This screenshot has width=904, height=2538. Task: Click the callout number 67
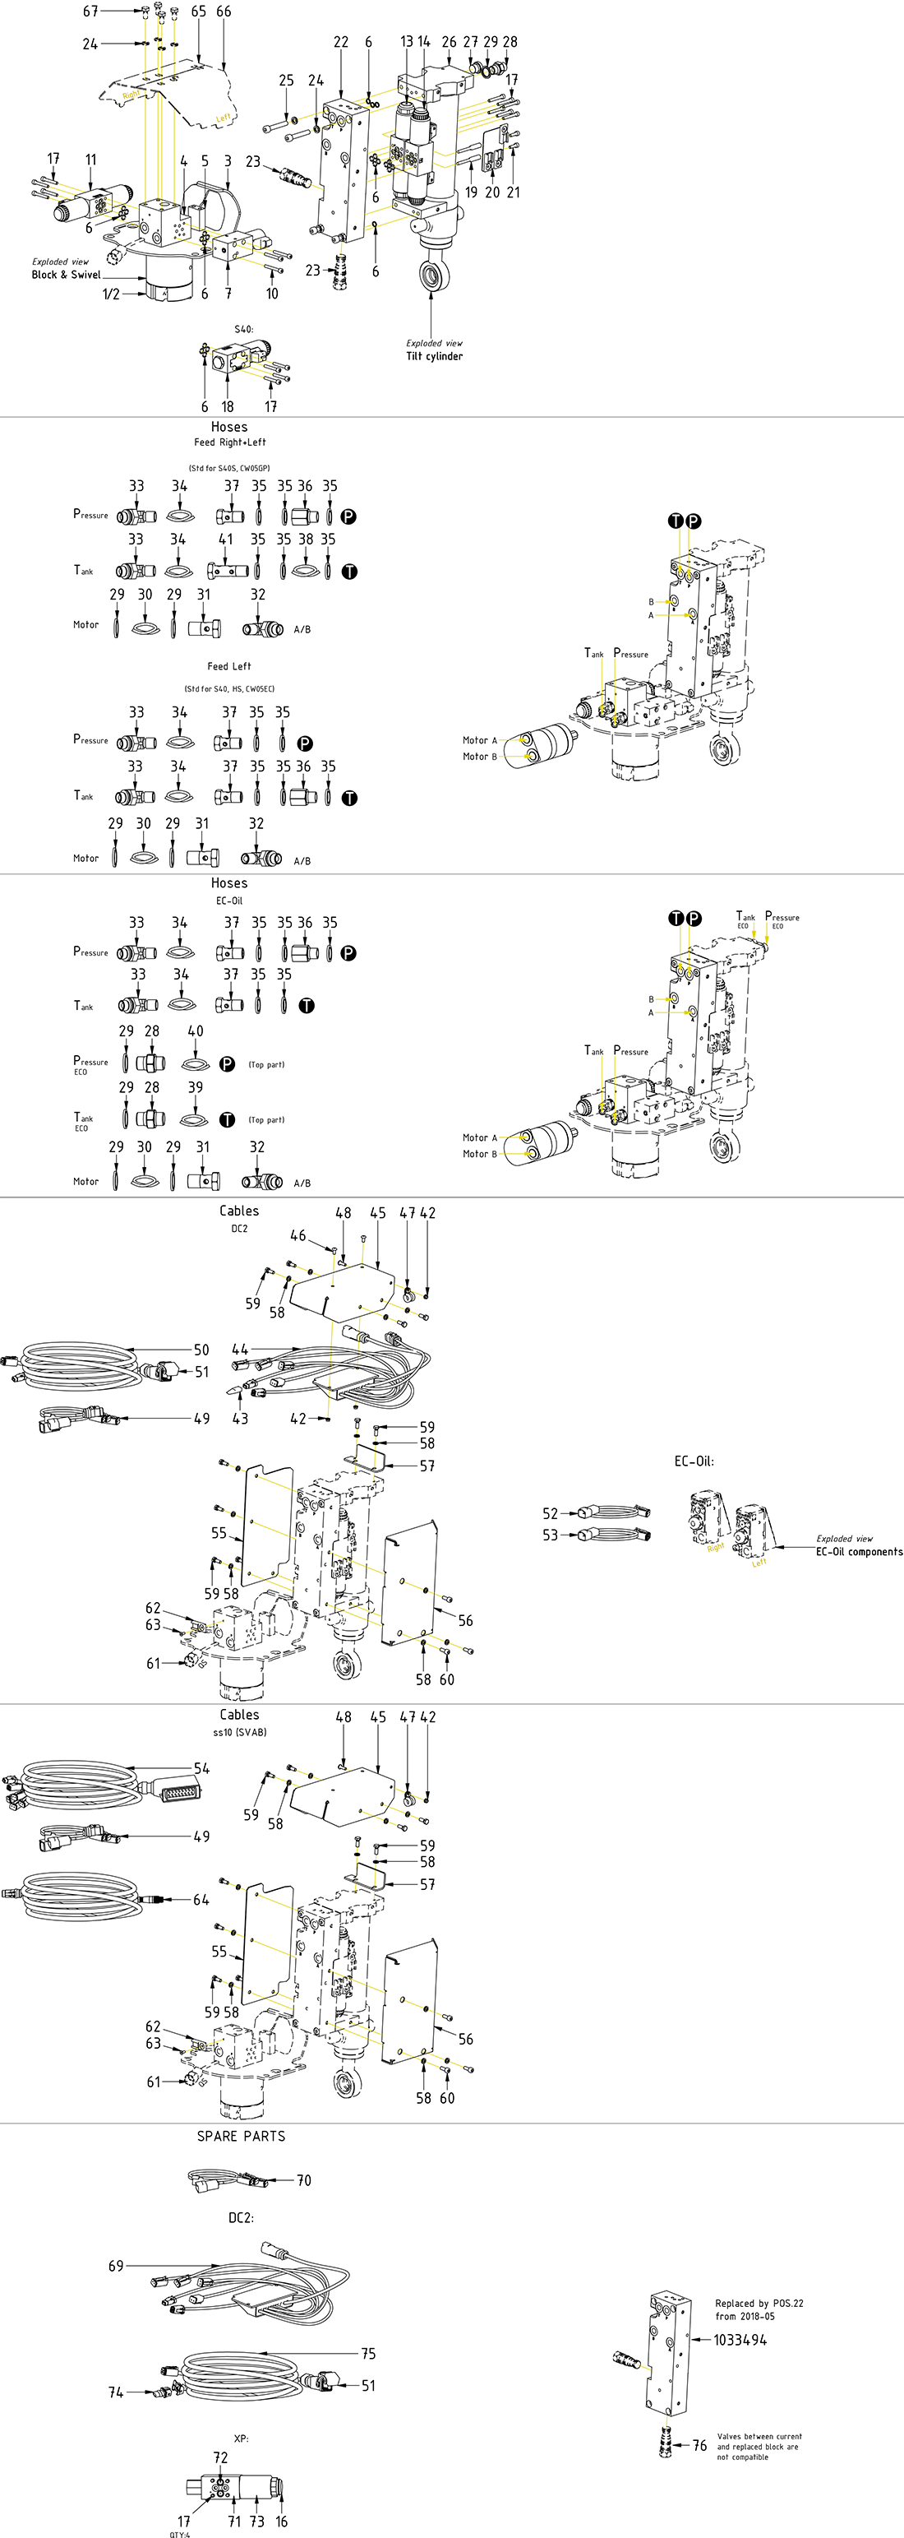90,11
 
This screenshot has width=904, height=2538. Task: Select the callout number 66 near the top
224,11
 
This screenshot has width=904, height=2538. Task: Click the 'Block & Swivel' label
66,275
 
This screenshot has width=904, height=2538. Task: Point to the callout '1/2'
111,294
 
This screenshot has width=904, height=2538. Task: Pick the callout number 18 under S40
228,406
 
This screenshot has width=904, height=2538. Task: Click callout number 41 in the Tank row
227,539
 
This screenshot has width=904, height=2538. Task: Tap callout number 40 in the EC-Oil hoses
195,1030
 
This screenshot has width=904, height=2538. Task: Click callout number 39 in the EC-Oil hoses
195,1086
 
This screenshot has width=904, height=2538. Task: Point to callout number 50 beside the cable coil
201,1350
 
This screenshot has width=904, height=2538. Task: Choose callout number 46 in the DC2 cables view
298,1235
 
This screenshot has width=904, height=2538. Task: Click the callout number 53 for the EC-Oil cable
551,1534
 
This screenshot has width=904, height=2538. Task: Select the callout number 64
201,1900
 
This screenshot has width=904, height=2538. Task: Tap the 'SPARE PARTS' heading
242,2136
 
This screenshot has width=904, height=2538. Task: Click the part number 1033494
740,2340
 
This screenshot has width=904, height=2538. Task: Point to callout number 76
699,2445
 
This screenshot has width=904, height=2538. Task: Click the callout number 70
304,2180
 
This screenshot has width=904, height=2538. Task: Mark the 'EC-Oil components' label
859,1552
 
